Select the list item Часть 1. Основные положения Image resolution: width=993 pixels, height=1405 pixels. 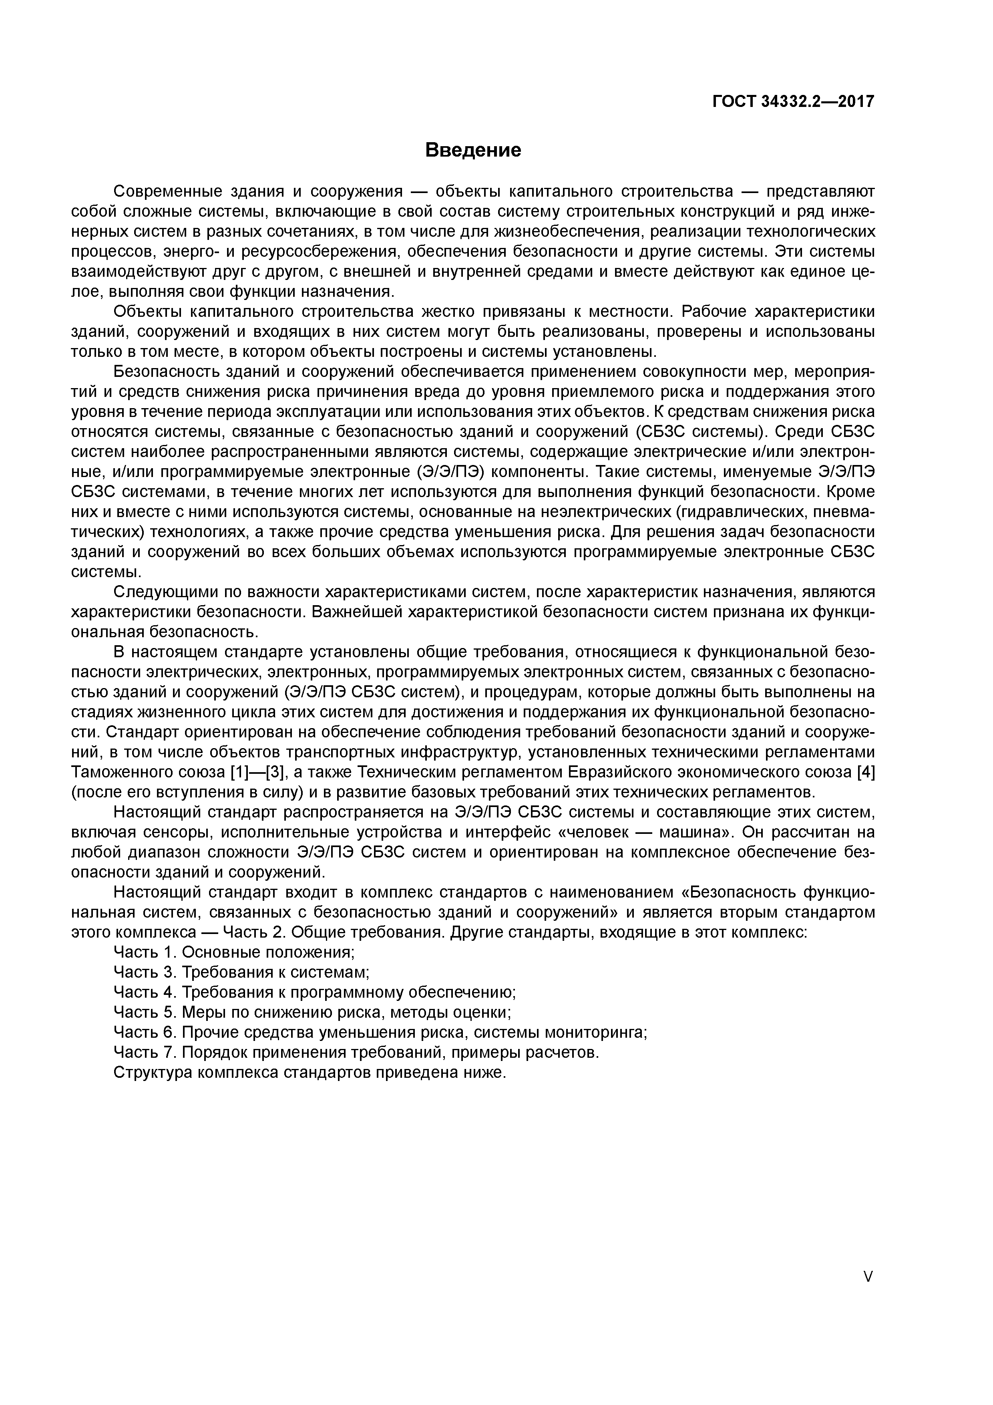click(x=234, y=952)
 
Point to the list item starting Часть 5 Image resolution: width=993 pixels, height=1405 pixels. click(x=313, y=1012)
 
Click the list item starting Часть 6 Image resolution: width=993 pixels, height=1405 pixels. click(x=380, y=1033)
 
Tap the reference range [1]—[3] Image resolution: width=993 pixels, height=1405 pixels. click(x=257, y=772)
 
